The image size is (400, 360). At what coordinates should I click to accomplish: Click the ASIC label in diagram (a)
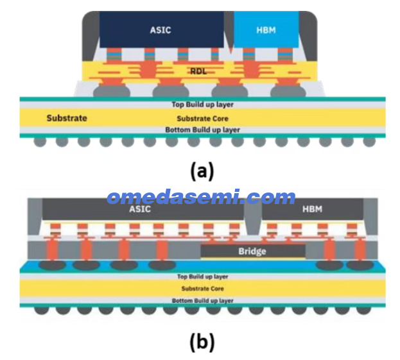[161, 30]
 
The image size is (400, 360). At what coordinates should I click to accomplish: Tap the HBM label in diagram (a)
[266, 30]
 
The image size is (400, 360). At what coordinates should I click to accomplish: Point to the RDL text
[198, 71]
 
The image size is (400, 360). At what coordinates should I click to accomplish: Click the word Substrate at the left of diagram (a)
[67, 118]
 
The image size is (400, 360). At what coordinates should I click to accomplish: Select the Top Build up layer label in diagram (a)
[202, 105]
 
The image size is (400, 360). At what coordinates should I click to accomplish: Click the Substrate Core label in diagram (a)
[202, 119]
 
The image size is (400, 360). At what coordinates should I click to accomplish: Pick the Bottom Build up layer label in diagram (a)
[202, 130]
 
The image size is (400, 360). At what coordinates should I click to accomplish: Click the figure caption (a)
[202, 171]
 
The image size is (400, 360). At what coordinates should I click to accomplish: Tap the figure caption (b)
[202, 341]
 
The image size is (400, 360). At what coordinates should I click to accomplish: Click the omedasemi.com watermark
[201, 197]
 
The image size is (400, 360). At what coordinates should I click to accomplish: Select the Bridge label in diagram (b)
[252, 252]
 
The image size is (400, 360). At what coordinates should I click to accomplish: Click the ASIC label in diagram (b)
[140, 209]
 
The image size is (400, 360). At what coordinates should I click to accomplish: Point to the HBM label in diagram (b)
[312, 209]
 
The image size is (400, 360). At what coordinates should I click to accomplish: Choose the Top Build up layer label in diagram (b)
[202, 277]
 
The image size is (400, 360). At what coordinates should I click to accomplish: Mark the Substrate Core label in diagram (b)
[202, 289]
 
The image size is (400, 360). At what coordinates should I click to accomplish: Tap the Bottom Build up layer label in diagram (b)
[202, 300]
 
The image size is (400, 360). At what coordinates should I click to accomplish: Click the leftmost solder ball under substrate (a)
[40, 142]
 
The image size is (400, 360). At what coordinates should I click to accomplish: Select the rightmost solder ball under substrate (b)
[363, 311]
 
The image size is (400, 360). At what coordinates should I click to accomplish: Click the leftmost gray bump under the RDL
[112, 91]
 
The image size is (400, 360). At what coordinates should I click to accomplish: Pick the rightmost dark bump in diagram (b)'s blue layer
[360, 266]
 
